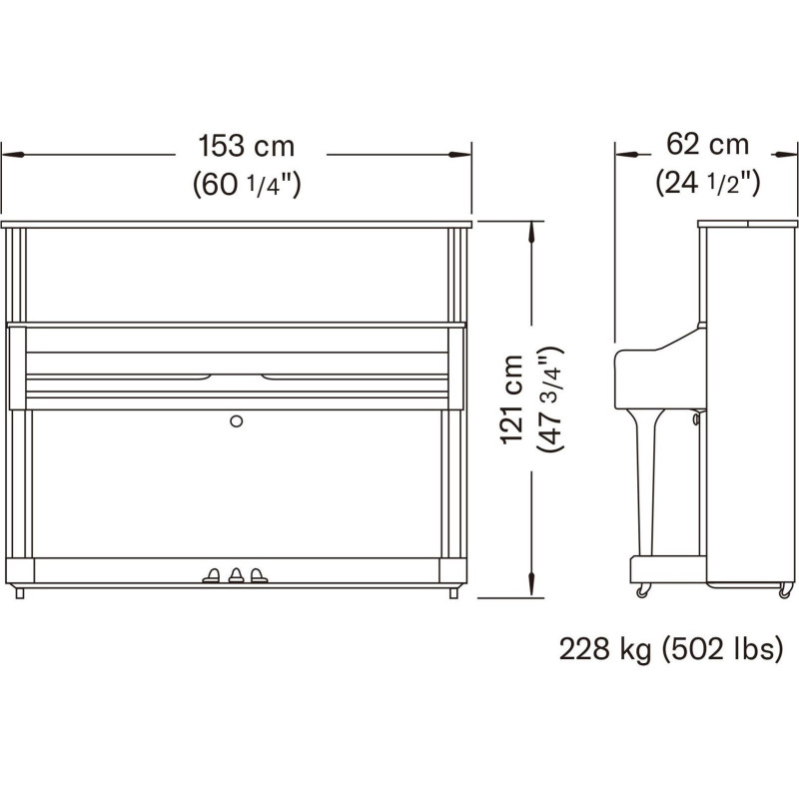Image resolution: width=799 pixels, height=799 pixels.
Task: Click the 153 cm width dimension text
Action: coord(246,146)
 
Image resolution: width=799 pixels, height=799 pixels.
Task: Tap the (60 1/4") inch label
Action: coord(247,184)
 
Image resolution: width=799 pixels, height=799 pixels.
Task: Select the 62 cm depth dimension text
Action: coord(708,144)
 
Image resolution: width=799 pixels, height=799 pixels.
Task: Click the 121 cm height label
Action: coord(512,399)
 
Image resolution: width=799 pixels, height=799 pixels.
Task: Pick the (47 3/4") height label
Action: coord(550,399)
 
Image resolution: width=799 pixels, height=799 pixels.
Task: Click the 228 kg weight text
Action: coord(605,650)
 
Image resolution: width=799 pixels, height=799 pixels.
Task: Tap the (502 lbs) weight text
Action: coord(722,650)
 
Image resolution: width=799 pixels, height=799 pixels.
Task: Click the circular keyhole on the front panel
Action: coord(236,420)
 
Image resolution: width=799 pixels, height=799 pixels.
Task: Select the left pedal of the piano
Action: coord(212,575)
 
